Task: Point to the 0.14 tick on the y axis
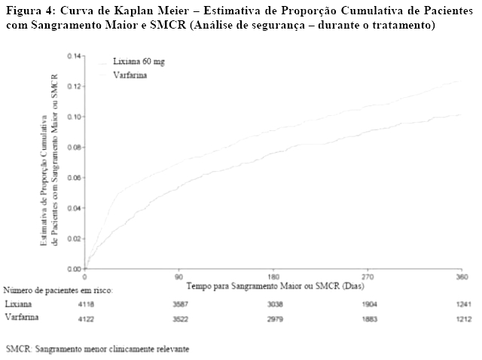pyautogui.click(x=74, y=56)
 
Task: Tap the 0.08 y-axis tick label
pyautogui.click(x=74, y=148)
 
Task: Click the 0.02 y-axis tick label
pyautogui.click(x=74, y=239)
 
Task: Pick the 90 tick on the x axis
pyautogui.click(x=179, y=277)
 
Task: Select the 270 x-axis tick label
pyautogui.click(x=369, y=277)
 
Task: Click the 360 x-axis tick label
pyautogui.click(x=463, y=277)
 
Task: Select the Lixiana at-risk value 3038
pyautogui.click(x=274, y=304)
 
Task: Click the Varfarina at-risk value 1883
pyautogui.click(x=370, y=318)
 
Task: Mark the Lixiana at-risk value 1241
pyautogui.click(x=463, y=304)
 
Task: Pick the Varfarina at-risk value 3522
pyautogui.click(x=179, y=318)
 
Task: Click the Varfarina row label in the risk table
pyautogui.click(x=22, y=318)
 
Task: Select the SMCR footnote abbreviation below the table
pyautogui.click(x=18, y=349)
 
